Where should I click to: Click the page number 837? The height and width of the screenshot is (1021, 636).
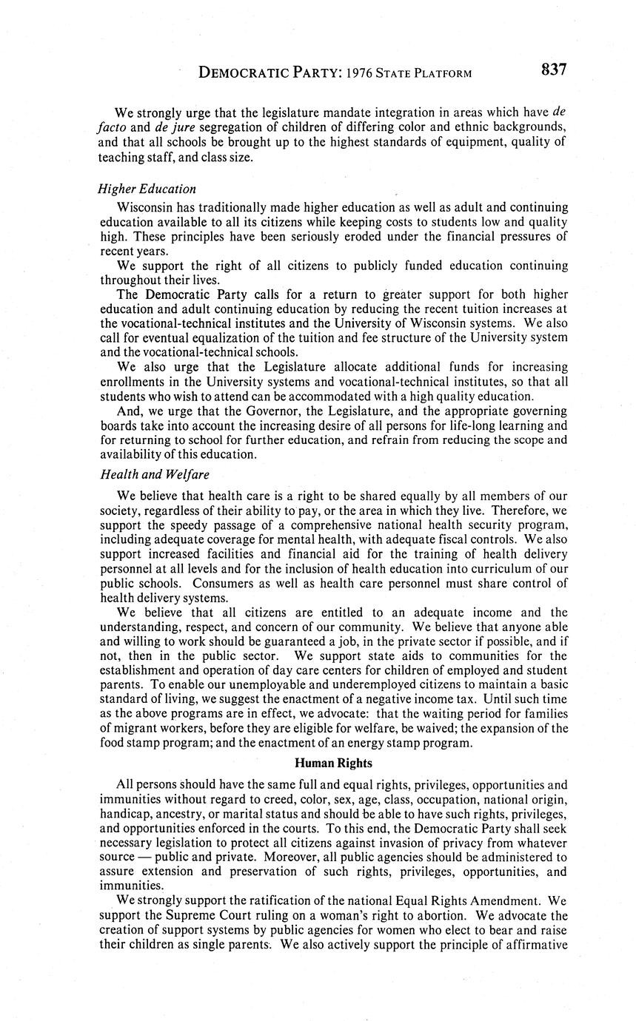click(553, 70)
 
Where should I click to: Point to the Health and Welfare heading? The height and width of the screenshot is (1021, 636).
click(150, 474)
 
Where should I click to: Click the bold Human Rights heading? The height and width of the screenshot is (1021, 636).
click(333, 763)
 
